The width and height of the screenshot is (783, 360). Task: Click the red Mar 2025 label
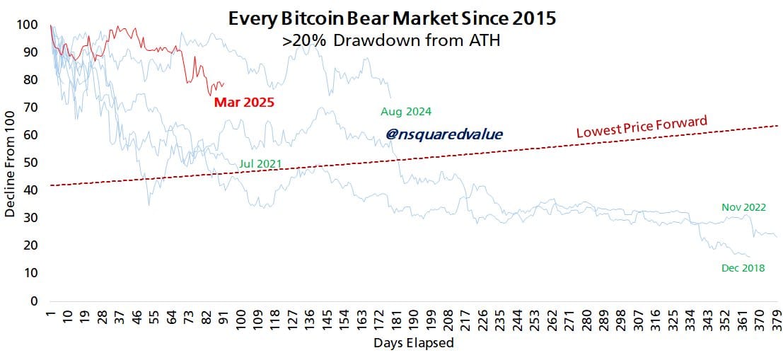click(x=244, y=103)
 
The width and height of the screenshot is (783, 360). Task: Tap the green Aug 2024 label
click(x=405, y=112)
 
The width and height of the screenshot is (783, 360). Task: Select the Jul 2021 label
click(x=260, y=164)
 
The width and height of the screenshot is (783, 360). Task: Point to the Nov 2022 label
click(x=743, y=207)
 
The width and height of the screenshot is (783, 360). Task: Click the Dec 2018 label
click(x=743, y=268)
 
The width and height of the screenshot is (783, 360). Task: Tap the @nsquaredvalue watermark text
click(x=444, y=133)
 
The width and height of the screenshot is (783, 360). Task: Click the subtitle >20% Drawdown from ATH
click(x=391, y=41)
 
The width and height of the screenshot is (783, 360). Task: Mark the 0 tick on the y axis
click(x=33, y=301)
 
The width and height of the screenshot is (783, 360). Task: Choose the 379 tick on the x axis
click(x=777, y=318)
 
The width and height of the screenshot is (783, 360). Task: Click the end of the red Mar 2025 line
click(x=224, y=83)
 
